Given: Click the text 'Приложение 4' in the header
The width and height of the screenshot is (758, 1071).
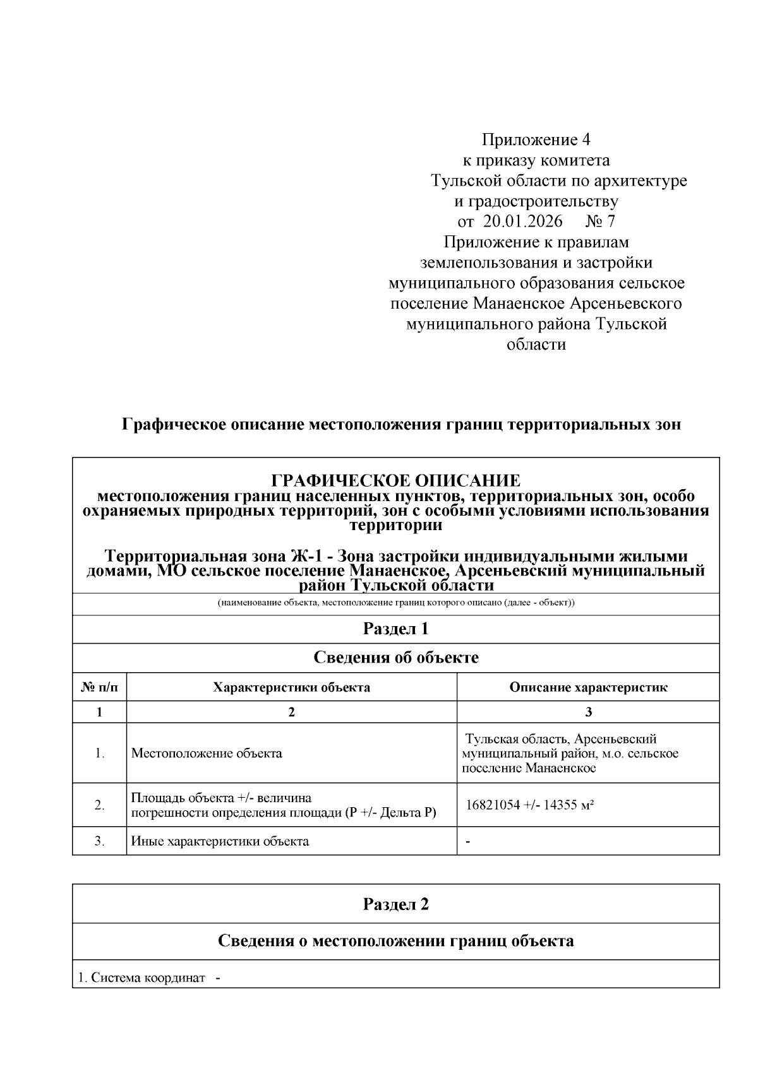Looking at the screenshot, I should pyautogui.click(x=536, y=139).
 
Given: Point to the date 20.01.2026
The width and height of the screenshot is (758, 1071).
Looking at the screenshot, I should pyautogui.click(x=523, y=222).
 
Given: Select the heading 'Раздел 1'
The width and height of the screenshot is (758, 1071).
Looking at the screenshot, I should pyautogui.click(x=396, y=629).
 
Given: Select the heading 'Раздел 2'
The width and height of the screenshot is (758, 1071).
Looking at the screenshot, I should pyautogui.click(x=396, y=904).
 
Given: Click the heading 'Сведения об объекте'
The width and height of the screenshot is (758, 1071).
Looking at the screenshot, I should pyautogui.click(x=396, y=658).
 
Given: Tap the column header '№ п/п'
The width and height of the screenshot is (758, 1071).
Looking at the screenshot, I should pyautogui.click(x=99, y=687).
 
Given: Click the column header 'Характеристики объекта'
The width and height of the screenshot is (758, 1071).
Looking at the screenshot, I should pyautogui.click(x=291, y=687).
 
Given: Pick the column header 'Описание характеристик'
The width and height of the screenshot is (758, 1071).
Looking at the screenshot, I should pyautogui.click(x=588, y=687).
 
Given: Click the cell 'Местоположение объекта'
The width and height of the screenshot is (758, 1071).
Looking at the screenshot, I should pyautogui.click(x=207, y=754).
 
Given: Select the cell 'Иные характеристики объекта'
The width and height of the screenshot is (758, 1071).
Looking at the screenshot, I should pyautogui.click(x=220, y=841).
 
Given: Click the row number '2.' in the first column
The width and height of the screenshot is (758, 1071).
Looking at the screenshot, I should pyautogui.click(x=99, y=805).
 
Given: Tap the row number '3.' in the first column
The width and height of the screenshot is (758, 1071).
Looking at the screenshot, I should pyautogui.click(x=99, y=841).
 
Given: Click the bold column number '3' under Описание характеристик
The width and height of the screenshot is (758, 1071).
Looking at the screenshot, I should pyautogui.click(x=588, y=713).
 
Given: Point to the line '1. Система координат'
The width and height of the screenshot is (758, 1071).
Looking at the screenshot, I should pyautogui.click(x=141, y=978).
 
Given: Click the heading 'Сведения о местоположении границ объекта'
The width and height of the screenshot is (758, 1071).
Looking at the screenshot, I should pyautogui.click(x=396, y=942).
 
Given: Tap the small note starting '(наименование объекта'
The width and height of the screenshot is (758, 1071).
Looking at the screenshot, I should pyautogui.click(x=396, y=603).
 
